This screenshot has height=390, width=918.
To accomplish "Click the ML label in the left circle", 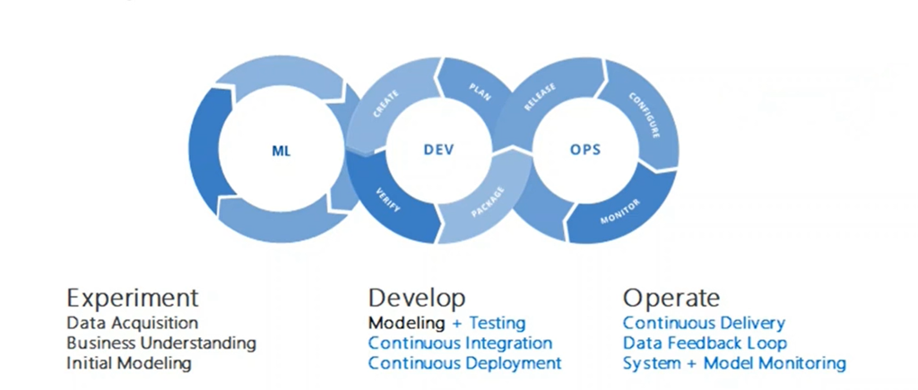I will coord(281,151).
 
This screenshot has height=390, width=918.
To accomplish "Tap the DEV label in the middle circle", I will coord(439,150).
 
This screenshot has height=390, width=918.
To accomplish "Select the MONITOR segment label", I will coord(619,212).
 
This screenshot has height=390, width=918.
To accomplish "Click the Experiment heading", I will coord(132,298).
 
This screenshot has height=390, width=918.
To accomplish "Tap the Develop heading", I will coord(417,299).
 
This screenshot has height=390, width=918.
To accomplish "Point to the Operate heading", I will coord(671,298).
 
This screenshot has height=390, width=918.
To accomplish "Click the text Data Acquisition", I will coord(133,323).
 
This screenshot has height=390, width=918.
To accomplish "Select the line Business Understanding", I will coord(161,343).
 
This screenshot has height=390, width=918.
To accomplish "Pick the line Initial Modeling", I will coord(129,363).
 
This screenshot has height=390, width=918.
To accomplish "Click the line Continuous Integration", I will coord(460,343).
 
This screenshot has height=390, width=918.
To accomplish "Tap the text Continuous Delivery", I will coord(704,323).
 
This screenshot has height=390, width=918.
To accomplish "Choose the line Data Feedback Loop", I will coord(705,343).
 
